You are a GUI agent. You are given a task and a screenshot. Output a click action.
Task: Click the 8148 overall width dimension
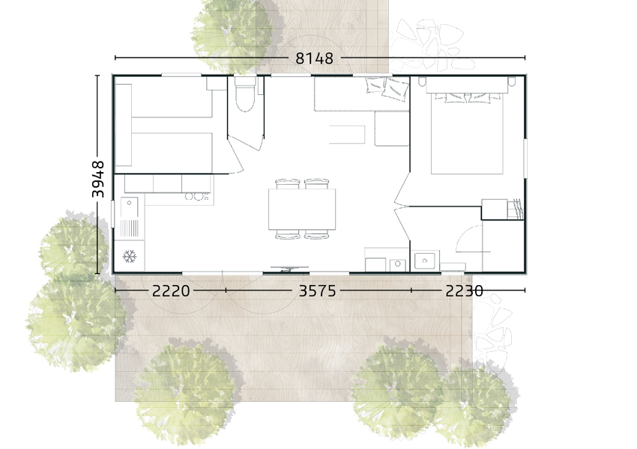coord(314,58)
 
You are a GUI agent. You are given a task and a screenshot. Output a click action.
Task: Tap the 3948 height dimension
coord(98,179)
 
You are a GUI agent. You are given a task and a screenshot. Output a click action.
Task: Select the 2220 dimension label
coord(171,291)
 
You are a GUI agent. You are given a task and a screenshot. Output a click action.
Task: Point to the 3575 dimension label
coord(317,291)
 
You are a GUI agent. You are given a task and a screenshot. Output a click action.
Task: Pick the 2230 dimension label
coord(465,291)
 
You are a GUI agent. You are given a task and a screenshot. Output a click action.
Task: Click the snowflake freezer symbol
coord(129,257)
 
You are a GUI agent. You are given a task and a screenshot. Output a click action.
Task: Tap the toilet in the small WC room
coord(245,94)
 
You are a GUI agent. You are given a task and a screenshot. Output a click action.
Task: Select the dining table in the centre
coord(302,210)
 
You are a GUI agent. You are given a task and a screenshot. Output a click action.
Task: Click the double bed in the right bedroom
coord(467,131)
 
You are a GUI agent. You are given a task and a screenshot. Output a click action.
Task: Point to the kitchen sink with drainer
coord(130,218)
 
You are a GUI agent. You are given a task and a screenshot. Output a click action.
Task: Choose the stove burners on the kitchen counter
coord(196,197)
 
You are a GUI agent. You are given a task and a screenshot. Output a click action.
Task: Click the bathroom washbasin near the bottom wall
coord(424,260)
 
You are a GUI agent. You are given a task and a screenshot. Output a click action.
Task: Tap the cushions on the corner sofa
coord(387,88)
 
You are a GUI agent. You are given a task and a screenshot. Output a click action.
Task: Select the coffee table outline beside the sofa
coord(347,134)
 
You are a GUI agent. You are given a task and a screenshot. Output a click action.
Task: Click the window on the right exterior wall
coord(525,158)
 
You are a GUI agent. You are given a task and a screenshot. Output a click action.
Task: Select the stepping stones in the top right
coord(430,44)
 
